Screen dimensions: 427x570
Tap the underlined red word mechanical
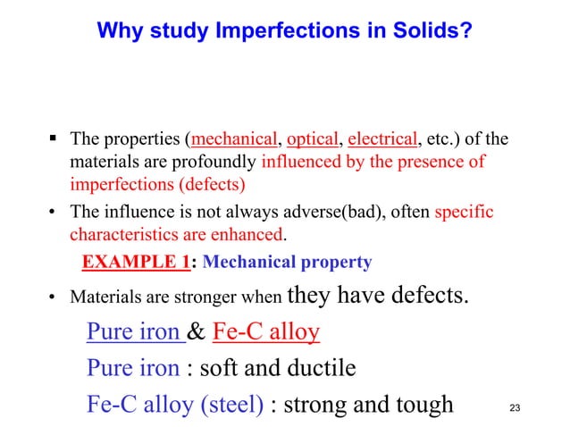click(x=233, y=139)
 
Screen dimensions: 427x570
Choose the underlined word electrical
click(x=382, y=139)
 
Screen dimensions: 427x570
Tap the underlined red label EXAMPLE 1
click(x=136, y=263)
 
